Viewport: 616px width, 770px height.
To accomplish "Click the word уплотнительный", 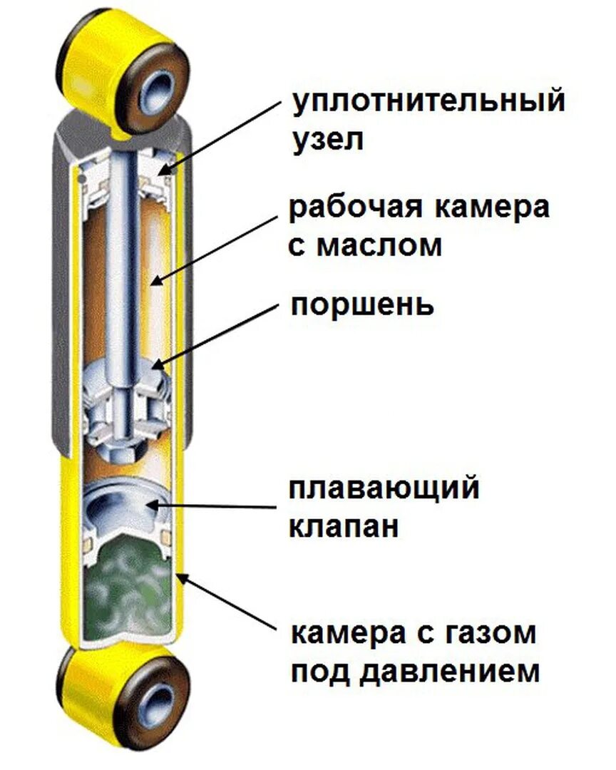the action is pyautogui.click(x=428, y=102).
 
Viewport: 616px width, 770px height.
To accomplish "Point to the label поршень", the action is pyautogui.click(x=361, y=306).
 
